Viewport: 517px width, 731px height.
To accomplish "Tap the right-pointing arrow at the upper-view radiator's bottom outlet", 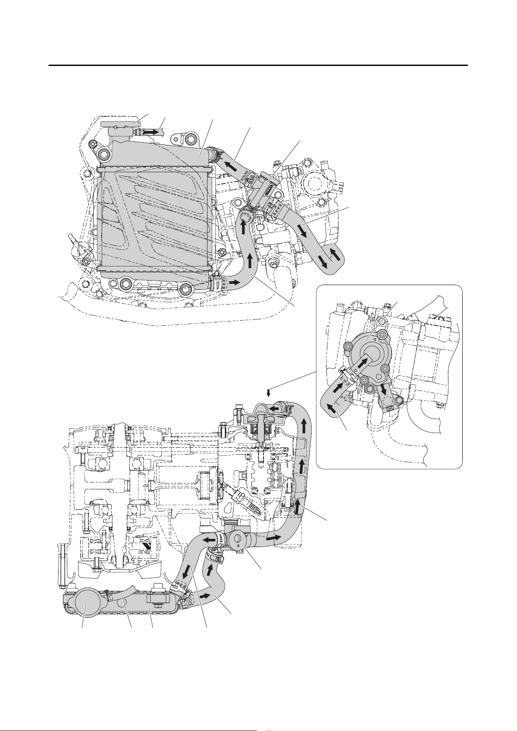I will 235,283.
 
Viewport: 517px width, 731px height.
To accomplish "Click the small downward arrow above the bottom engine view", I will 269,393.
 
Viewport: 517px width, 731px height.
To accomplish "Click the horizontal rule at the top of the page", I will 258,66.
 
